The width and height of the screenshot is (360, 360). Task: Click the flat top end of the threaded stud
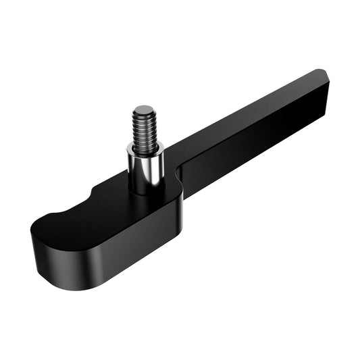pos(144,111)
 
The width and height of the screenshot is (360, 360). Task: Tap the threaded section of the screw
pos(144,128)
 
